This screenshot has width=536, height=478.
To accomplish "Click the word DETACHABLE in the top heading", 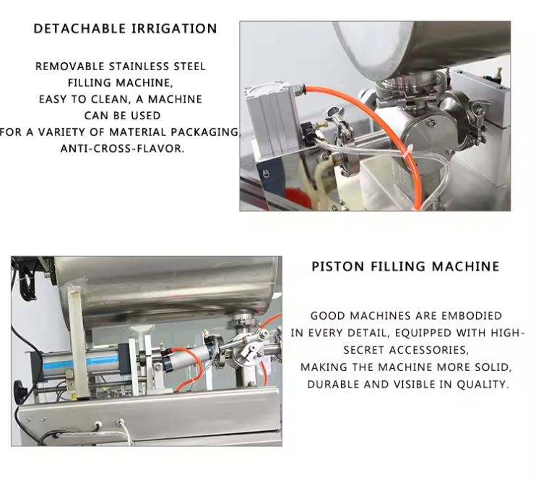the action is [80, 28].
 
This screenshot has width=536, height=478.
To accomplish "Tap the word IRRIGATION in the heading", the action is [175, 28].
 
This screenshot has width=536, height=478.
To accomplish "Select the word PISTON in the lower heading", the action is [338, 267].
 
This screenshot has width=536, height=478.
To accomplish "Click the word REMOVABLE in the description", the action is [70, 67].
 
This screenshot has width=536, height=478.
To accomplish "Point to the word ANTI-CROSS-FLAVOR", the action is [122, 148].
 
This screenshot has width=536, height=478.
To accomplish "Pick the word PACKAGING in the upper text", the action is [204, 132].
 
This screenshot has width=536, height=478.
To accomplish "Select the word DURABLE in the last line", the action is [334, 385].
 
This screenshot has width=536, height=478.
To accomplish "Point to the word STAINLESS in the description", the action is [139, 67].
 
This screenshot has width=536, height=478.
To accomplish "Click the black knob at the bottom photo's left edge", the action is [20, 388].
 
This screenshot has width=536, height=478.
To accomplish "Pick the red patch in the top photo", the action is [297, 197].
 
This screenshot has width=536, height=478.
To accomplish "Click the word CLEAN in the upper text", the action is [110, 99].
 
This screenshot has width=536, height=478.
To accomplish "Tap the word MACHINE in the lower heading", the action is [465, 267].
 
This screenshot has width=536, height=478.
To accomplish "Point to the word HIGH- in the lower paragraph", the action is [506, 333].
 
